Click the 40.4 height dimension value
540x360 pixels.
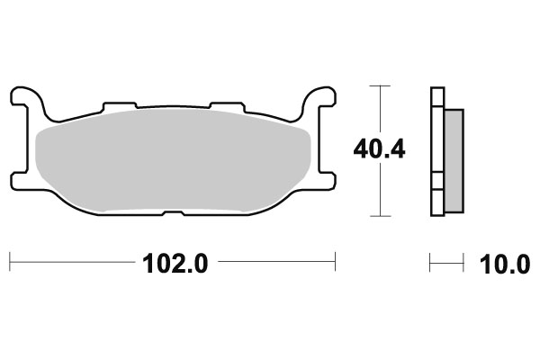point(380,149)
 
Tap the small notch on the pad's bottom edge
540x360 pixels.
point(172,213)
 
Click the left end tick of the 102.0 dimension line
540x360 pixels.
point(9,264)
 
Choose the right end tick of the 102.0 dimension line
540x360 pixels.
point(335,264)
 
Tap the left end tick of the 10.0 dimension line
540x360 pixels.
point(430,264)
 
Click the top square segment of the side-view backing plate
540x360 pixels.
point(437,94)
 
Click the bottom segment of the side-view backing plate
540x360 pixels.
point(437,202)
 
